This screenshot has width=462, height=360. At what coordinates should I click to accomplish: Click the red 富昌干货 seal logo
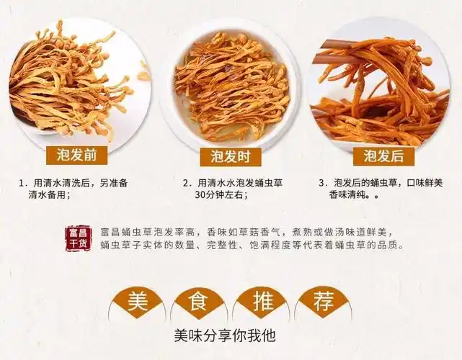76,238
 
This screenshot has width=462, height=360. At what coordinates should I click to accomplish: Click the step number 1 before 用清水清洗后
23,183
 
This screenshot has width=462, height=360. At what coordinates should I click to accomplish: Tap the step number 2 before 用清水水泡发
186,183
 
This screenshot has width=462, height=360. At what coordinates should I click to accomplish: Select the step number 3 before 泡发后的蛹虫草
322,183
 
